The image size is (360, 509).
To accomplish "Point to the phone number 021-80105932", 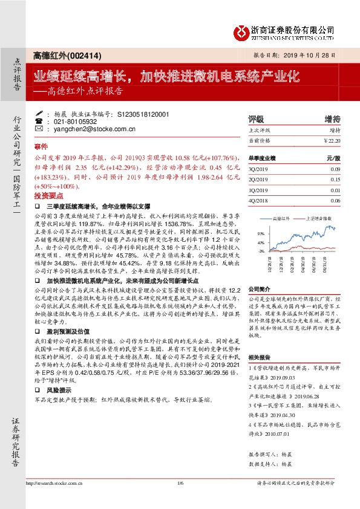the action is (71, 121).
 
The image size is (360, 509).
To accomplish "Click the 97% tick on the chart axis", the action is (260, 233).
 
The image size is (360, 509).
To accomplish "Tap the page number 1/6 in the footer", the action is (180, 482).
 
